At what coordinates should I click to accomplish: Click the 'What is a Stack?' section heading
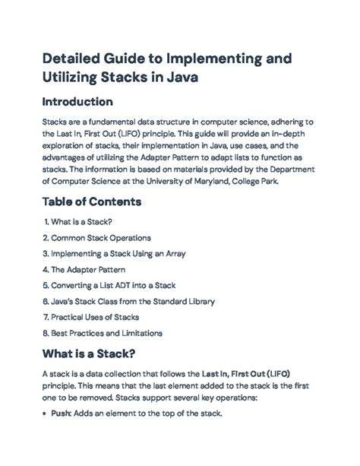click(x=90, y=353)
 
